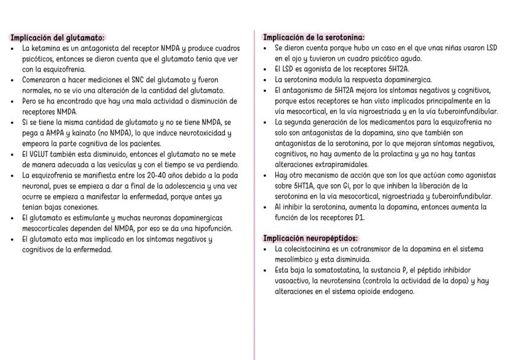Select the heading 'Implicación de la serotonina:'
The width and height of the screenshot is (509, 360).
314,37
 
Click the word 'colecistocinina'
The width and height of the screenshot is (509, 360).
313,249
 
